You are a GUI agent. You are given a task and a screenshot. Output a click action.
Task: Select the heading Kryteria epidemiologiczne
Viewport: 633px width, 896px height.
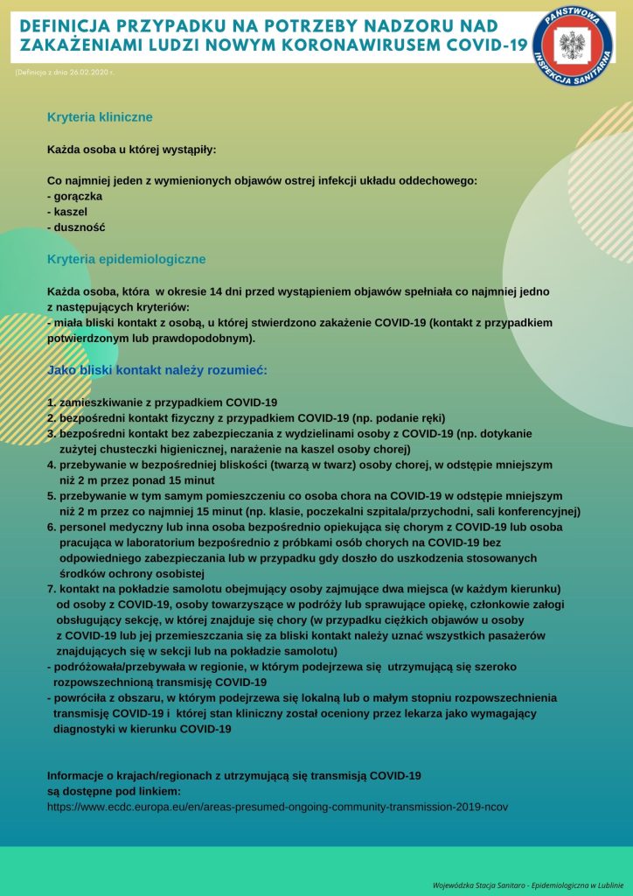(126, 259)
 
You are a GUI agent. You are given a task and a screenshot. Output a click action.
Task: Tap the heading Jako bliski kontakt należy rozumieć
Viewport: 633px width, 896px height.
(157, 370)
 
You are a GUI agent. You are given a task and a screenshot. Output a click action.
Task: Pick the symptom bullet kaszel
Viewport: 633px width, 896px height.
(69, 211)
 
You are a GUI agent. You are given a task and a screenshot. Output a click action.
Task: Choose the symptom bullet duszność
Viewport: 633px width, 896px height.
(78, 227)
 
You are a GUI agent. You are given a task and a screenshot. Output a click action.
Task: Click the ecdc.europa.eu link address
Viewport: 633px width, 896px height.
(276, 806)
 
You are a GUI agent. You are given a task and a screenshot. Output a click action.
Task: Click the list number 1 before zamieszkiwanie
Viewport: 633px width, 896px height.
(51, 402)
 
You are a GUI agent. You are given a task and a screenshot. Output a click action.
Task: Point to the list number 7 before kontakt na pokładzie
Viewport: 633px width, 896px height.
(51, 589)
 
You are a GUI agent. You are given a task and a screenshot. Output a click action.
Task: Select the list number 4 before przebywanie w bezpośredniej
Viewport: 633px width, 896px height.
(51, 465)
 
